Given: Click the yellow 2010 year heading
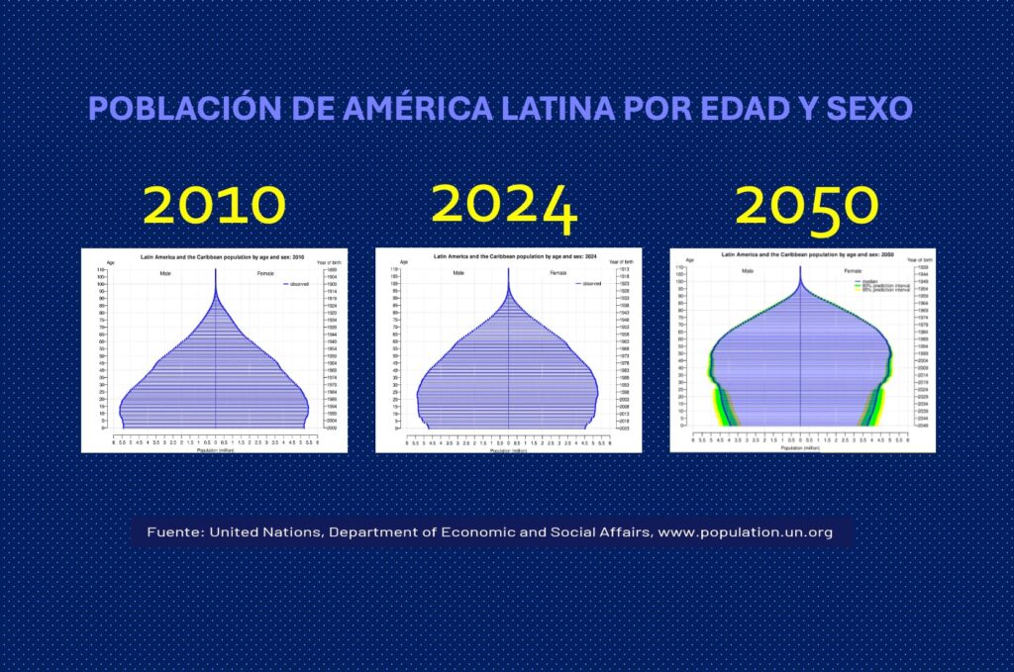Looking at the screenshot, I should (214, 204).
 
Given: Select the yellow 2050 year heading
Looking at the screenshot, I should (806, 206).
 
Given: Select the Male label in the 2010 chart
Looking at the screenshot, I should (165, 272).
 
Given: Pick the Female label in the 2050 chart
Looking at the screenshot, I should (853, 270).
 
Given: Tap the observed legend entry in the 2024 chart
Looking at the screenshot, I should (591, 284).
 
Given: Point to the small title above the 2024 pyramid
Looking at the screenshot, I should (508, 256).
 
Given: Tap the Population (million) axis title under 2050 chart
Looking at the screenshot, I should (802, 447).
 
